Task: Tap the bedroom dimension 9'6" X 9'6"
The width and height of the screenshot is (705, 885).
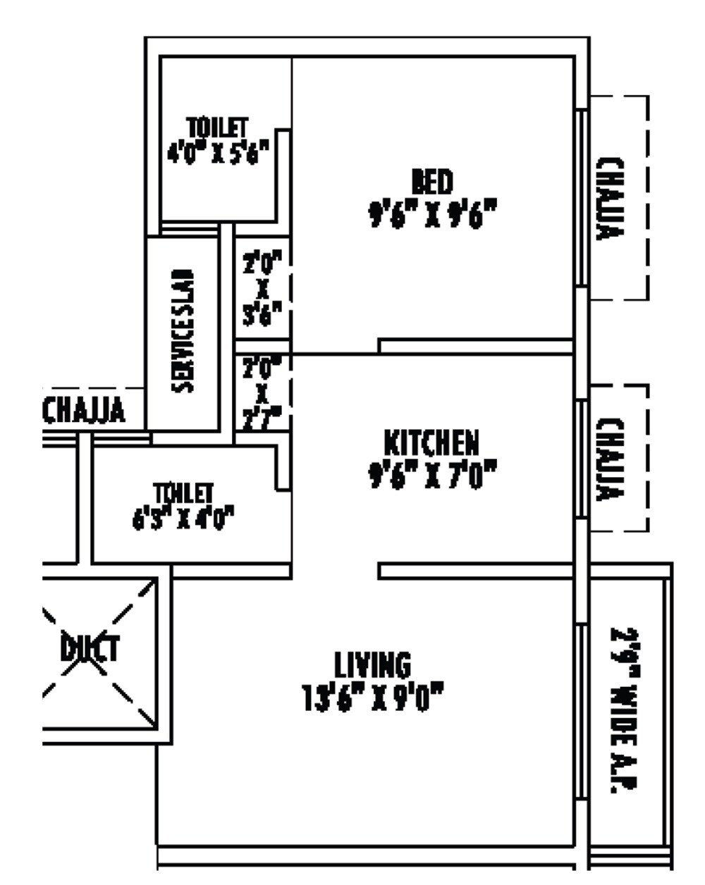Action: [x=432, y=213]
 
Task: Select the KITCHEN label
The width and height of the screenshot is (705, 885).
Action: [x=431, y=443]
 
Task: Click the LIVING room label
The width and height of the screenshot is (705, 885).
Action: [x=372, y=664]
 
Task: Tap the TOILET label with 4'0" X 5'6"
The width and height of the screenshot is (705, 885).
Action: [x=218, y=128]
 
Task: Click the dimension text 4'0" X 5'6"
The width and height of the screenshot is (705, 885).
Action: [x=218, y=152]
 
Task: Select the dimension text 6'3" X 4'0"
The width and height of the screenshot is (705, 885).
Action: [x=183, y=519]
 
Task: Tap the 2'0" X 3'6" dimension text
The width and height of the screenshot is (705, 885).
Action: [x=262, y=289]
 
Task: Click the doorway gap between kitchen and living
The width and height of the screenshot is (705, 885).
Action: [x=335, y=571]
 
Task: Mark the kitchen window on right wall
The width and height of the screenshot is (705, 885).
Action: [x=582, y=459]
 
